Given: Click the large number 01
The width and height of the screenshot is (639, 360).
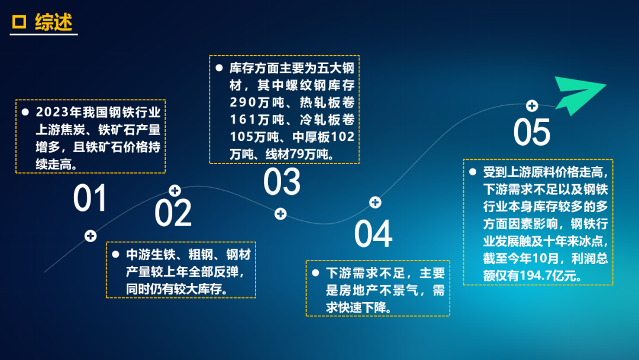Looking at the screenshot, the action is pos(90,198).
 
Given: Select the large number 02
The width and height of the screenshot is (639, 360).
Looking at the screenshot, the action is pos(173,213).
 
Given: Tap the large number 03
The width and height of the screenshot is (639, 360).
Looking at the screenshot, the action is pos(282,181).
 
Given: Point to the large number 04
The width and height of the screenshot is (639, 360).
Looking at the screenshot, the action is pos(373,234).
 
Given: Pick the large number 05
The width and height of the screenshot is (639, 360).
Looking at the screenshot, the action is pos(532,132).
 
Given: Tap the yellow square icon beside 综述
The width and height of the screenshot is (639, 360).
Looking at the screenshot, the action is pos(19,21).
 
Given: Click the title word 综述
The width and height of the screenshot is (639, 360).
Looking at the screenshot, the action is pos(54,21).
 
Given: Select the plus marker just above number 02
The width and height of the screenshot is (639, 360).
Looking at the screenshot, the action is pos(175,191).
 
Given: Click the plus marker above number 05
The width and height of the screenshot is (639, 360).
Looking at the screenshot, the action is pos(532,106).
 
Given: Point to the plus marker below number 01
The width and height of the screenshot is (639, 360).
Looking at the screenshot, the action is pos(91,236).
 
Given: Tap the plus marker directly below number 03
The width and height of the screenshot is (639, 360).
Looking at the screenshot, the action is pos(280,214).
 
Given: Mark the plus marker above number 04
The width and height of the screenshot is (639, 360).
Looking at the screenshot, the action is pos(375,202).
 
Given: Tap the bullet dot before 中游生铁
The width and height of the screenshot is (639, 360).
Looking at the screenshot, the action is pos(116,255).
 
